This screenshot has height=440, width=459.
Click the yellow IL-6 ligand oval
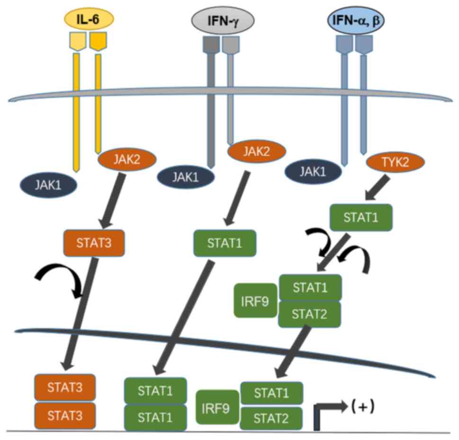point(89,19)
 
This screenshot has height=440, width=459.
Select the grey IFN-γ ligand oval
point(223,20)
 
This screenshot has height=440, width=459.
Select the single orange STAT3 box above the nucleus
point(94,243)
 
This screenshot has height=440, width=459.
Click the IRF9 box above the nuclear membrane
point(255,301)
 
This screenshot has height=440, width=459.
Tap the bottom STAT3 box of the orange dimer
point(65,416)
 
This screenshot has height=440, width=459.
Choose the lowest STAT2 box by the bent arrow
point(271,418)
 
